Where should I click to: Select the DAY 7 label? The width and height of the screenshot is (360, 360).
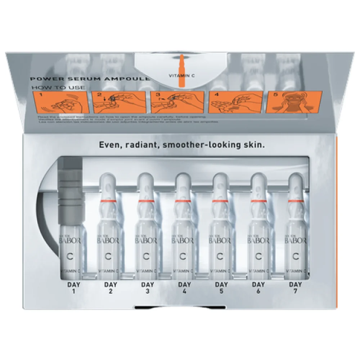click(x=295, y=287)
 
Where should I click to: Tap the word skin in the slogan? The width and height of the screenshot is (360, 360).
click(x=254, y=145)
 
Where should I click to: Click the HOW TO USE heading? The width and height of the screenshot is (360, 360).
click(x=58, y=87)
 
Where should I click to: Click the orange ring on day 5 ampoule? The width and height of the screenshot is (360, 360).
click(x=221, y=200)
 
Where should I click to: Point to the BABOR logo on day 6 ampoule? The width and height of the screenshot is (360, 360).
click(x=258, y=240)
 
